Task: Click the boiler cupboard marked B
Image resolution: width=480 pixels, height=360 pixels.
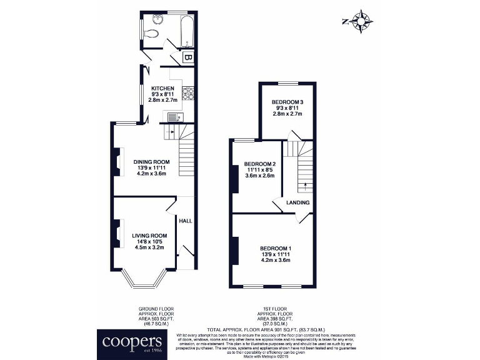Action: [186, 59]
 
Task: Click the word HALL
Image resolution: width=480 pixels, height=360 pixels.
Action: [186, 221]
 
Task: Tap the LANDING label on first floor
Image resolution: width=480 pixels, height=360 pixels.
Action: [297, 203]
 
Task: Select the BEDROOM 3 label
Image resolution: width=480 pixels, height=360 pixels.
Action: [287, 102]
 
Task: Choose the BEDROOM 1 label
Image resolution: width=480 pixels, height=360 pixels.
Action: [276, 249]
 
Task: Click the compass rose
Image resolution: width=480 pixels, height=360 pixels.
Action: [361, 22]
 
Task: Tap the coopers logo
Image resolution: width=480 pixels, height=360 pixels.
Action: [131, 342]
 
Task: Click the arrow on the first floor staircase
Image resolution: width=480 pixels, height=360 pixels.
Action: [306, 184]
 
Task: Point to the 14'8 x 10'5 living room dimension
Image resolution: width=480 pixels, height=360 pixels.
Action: [149, 241]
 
